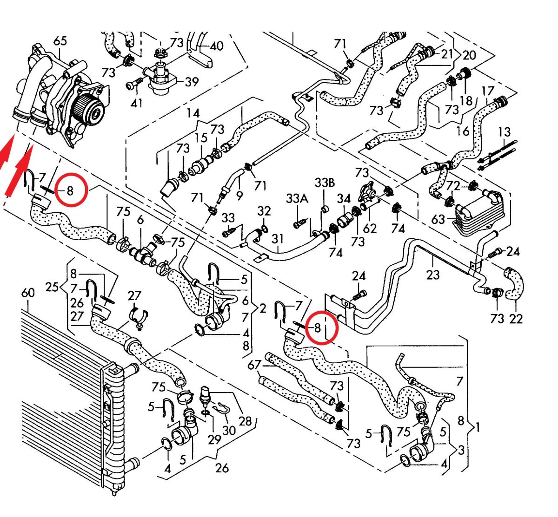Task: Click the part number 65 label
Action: [60, 41]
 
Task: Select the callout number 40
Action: [216, 46]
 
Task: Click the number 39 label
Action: [192, 82]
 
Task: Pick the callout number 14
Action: [193, 113]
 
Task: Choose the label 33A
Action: [297, 199]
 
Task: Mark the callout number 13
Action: [504, 132]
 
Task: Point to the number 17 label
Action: [487, 91]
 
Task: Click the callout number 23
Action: [432, 275]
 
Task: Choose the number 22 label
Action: [516, 318]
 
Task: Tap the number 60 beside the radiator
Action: [28, 293]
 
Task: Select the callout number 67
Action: [254, 365]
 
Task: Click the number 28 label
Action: [245, 421]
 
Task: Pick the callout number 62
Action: [370, 228]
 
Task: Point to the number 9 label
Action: [239, 196]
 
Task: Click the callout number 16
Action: [463, 131]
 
